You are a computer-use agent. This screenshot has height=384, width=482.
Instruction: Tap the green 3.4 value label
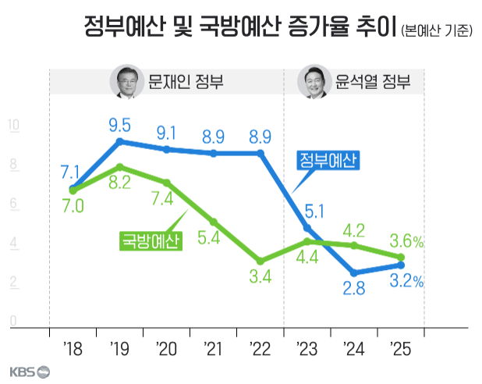(x=260, y=276)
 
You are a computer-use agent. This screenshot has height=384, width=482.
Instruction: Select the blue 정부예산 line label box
(x=328, y=161)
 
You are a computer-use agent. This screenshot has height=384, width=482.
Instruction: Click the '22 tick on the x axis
(x=260, y=347)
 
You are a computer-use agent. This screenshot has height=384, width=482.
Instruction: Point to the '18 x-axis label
(x=73, y=347)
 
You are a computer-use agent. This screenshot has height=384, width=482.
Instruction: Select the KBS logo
(x=30, y=372)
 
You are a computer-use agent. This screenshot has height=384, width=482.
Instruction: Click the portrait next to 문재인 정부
(x=125, y=82)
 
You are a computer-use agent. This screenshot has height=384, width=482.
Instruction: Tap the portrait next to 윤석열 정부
(x=314, y=82)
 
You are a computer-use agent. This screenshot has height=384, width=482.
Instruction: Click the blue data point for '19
(x=119, y=142)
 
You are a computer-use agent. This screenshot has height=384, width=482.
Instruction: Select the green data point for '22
(x=260, y=261)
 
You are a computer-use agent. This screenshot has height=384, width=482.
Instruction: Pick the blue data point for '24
(x=354, y=273)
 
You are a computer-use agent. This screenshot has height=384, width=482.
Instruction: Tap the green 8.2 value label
(x=119, y=184)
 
